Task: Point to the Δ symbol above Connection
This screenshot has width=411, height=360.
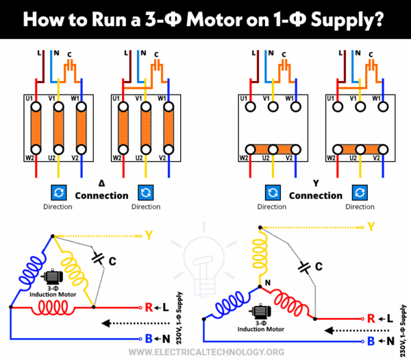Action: [101, 184]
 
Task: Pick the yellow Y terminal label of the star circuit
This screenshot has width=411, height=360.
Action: [371, 226]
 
